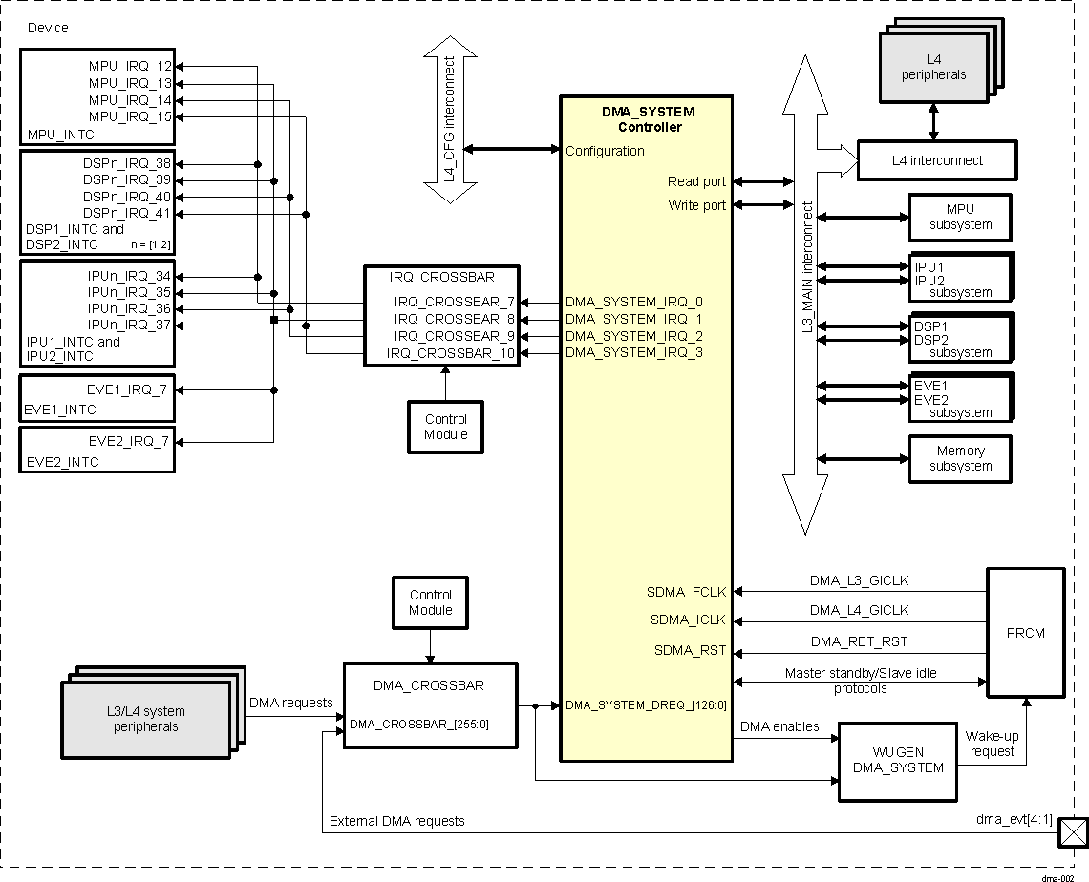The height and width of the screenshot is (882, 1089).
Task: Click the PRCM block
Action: tap(1025, 632)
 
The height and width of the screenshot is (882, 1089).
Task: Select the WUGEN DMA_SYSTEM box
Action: tap(896, 761)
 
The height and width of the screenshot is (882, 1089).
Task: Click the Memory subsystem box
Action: tap(960, 458)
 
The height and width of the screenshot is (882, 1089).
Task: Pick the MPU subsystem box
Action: tap(960, 217)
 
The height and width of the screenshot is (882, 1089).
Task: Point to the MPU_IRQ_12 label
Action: tap(131, 67)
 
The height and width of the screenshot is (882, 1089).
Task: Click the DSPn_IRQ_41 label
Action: tap(127, 213)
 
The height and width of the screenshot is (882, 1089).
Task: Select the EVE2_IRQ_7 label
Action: tap(128, 441)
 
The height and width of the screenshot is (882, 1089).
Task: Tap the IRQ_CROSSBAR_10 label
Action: tap(451, 353)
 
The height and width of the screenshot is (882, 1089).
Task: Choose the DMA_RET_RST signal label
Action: tap(859, 641)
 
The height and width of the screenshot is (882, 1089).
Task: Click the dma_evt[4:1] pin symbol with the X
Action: tap(1073, 833)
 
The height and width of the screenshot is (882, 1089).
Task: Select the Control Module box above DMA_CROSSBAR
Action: tap(430, 602)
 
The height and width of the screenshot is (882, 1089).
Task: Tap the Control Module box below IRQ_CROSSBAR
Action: tap(445, 427)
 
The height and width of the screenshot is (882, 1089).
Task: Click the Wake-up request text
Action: tap(992, 744)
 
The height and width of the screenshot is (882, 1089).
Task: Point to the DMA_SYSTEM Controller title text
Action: tap(649, 119)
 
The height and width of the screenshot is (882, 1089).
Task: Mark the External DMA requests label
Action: tap(396, 821)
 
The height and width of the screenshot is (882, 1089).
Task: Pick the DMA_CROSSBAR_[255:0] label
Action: tap(419, 724)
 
